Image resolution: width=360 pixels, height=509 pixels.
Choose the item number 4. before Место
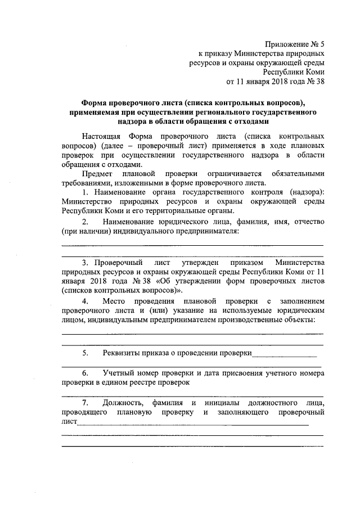(x=84, y=301)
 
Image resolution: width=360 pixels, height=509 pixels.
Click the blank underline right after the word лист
(x=191, y=424)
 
